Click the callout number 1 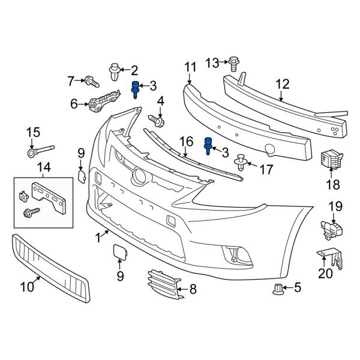pyautogui.click(x=98, y=238)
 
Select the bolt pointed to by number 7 pyautogui.click(x=91, y=79)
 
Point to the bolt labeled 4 pyautogui.click(x=158, y=121)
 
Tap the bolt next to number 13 pyautogui.click(x=233, y=61)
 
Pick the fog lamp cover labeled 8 pyautogui.click(x=162, y=283)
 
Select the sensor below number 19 pyautogui.click(x=331, y=228)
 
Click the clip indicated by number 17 pyautogui.click(x=241, y=161)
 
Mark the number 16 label pyautogui.click(x=186, y=142)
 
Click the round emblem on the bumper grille pyautogui.click(x=140, y=175)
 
